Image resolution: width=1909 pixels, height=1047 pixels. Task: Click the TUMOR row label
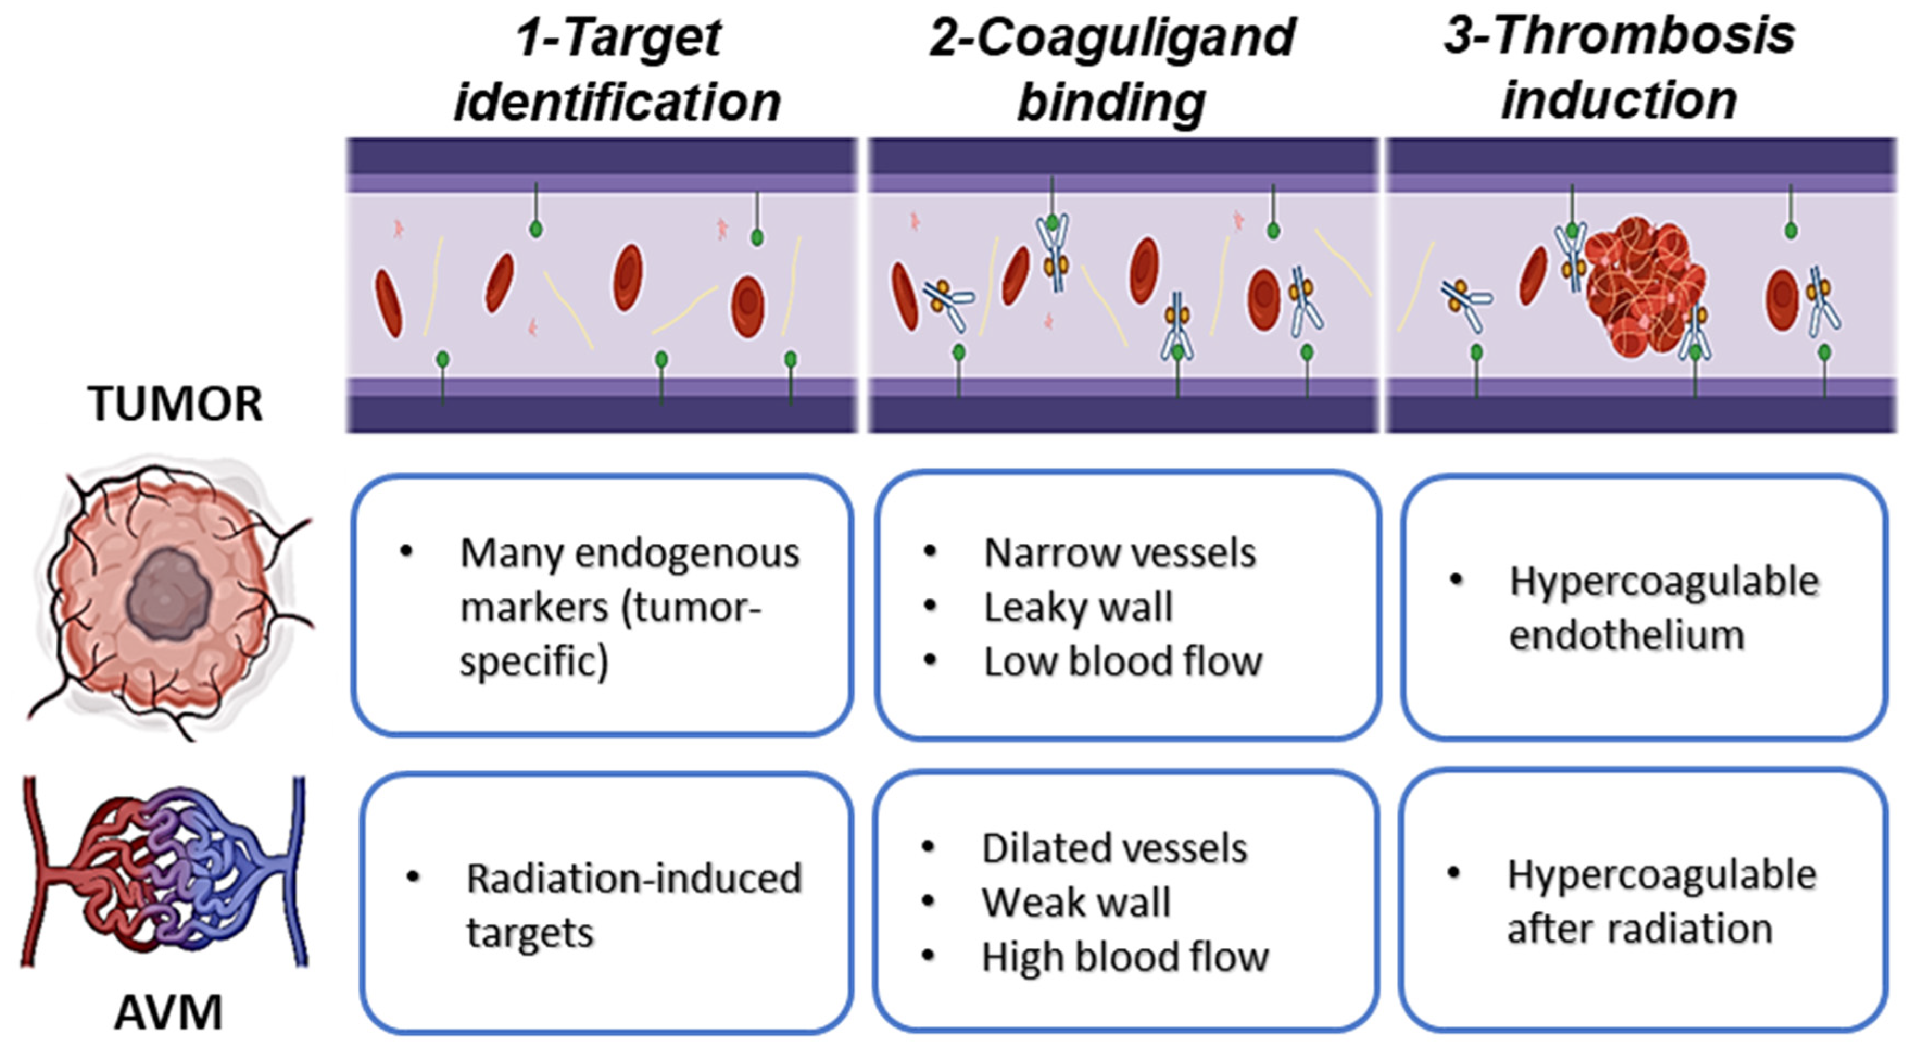click(x=175, y=404)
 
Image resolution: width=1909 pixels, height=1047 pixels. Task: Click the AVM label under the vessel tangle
click(x=168, y=1013)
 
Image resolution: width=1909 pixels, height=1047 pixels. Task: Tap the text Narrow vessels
click(x=1119, y=553)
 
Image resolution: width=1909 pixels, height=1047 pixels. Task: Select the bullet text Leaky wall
click(x=1078, y=608)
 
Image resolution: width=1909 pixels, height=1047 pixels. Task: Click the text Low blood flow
click(x=1122, y=661)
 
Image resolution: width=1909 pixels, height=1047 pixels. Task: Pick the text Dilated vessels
click(x=1114, y=848)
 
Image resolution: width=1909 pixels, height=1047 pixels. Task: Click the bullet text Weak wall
click(x=1075, y=903)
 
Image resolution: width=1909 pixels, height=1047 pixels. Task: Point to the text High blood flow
click(x=1124, y=957)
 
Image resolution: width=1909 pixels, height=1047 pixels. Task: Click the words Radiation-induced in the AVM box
click(x=634, y=879)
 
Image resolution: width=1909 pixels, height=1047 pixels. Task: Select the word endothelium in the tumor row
click(x=1627, y=636)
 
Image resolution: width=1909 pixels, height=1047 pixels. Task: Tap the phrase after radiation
click(x=1639, y=929)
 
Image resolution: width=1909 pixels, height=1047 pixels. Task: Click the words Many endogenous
click(x=629, y=553)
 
